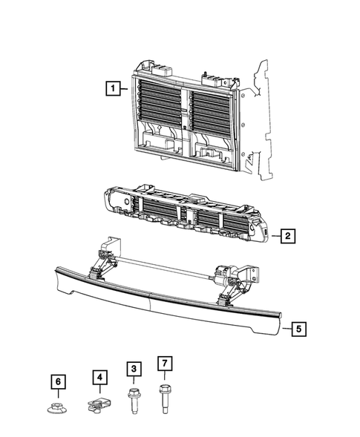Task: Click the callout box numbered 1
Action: [x=112, y=90]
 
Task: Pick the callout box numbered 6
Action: [x=58, y=382]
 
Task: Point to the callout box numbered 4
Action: [x=99, y=378]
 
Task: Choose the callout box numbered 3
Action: [x=133, y=369]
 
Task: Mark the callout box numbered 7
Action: [x=166, y=364]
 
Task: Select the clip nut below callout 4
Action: [x=97, y=404]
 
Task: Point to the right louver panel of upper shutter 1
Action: [x=212, y=104]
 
